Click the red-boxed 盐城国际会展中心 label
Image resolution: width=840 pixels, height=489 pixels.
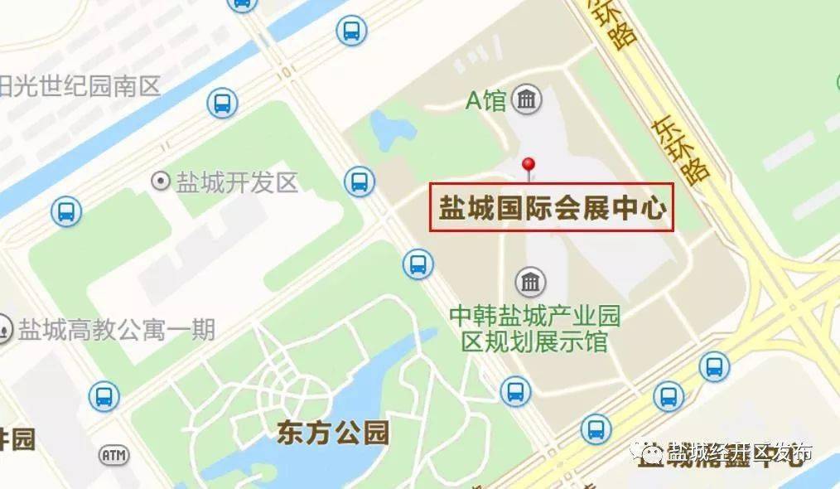[552, 207]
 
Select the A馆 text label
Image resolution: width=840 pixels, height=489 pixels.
[485, 101]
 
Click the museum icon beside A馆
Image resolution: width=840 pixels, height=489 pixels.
[526, 101]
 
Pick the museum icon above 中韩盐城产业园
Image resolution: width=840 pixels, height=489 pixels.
[530, 283]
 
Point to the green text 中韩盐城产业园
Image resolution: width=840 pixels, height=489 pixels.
[534, 317]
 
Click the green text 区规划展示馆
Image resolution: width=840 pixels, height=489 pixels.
[534, 341]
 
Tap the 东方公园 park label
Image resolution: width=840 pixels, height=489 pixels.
[333, 432]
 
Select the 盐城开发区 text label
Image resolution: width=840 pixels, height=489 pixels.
[237, 182]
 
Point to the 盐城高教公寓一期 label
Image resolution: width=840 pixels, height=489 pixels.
[117, 330]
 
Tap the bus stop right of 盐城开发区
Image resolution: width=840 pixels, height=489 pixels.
[359, 181]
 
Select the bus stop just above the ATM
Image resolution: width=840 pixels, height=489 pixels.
[104, 395]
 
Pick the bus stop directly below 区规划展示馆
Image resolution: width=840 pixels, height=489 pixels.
[515, 390]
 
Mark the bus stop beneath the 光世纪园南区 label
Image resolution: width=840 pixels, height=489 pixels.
[222, 104]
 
